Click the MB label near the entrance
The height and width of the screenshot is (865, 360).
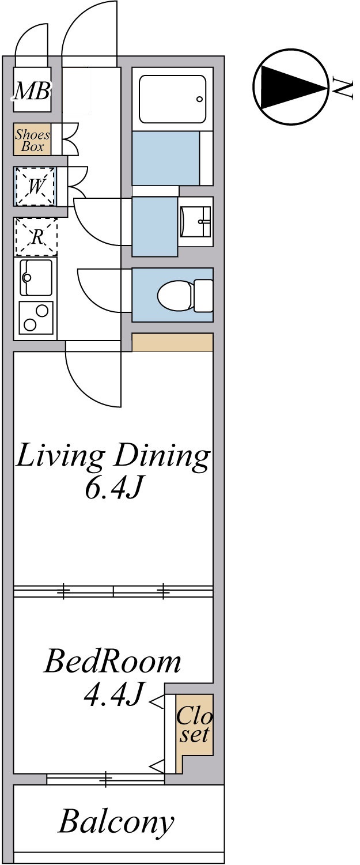[32, 92]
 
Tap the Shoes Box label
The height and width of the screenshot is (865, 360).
[32, 140]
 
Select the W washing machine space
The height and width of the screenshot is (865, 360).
[35, 187]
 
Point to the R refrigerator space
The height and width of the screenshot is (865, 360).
[36, 237]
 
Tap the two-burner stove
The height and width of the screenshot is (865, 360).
[36, 318]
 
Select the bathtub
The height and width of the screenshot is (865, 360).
[172, 99]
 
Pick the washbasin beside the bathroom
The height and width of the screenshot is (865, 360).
[196, 221]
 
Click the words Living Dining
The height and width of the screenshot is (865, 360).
[113, 457]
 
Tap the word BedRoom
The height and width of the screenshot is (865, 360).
[112, 662]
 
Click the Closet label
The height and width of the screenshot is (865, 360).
[195, 724]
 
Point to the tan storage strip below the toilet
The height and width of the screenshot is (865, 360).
[172, 342]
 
